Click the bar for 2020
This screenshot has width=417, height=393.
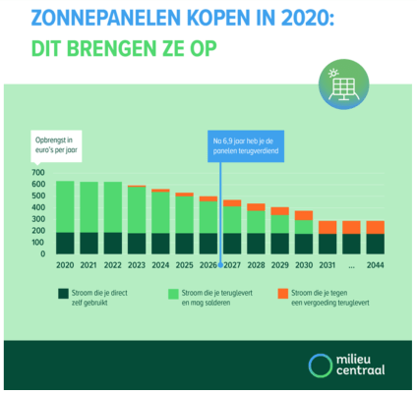(64, 218)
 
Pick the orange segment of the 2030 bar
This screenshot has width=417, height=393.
(303, 215)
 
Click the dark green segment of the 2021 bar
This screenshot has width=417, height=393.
(89, 244)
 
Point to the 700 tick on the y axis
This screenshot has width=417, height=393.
(37, 172)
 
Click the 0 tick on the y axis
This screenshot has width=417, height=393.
(42, 254)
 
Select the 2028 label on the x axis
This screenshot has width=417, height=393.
(255, 265)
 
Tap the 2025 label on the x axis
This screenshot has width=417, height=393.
(183, 265)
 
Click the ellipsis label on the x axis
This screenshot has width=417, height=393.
(351, 265)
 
